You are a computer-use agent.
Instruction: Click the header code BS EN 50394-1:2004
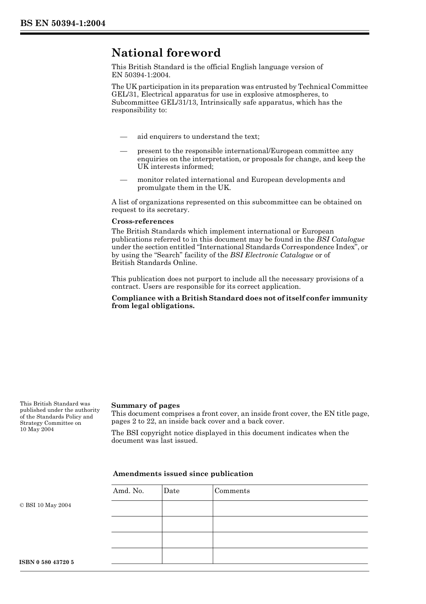pyautogui.click(x=62, y=23)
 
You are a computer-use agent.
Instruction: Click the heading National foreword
pyautogui.click(x=166, y=53)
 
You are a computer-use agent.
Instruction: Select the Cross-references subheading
pyautogui.click(x=142, y=221)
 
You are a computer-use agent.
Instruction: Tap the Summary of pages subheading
pyautogui.click(x=145, y=406)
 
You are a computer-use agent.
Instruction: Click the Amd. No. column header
pyautogui.click(x=128, y=491)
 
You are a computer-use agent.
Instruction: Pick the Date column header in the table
pyautogui.click(x=171, y=491)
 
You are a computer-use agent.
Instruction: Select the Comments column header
pyautogui.click(x=232, y=491)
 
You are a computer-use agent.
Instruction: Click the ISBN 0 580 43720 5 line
pyautogui.click(x=47, y=562)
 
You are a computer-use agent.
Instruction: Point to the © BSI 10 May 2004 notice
pyautogui.click(x=45, y=505)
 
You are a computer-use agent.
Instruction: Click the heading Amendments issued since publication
pyautogui.click(x=183, y=474)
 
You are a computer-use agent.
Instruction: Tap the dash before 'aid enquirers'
pyautogui.click(x=123, y=137)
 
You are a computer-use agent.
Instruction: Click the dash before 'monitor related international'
pyautogui.click(x=123, y=180)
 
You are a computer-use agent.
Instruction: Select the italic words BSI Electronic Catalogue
pyautogui.click(x=271, y=255)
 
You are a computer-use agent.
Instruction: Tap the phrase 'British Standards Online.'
pyautogui.click(x=154, y=263)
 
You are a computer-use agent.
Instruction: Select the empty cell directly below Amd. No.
pyautogui.click(x=136, y=508)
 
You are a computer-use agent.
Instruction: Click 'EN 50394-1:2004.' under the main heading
pyautogui.click(x=141, y=75)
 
